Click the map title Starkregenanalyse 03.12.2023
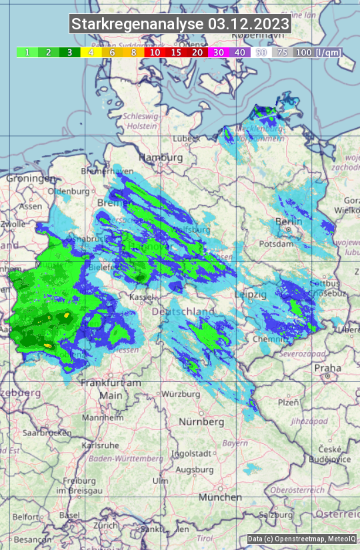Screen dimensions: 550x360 180,25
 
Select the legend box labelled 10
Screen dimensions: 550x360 155,52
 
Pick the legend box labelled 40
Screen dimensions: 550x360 240,52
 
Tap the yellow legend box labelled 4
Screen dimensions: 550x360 91,52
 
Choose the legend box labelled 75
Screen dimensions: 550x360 283,52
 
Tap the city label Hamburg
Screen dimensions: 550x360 160,157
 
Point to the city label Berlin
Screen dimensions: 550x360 289,221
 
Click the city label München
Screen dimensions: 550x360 220,497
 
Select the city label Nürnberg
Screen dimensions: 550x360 201,422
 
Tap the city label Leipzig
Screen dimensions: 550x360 251,294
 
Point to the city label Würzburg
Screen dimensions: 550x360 181,394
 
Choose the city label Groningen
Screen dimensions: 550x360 31,179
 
